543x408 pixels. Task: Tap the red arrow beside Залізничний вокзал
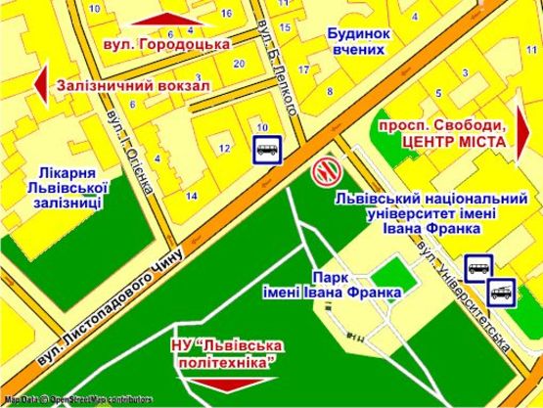click(40, 84)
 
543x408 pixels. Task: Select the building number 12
click(224, 149)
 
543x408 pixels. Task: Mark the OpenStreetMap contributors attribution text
click(78, 399)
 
